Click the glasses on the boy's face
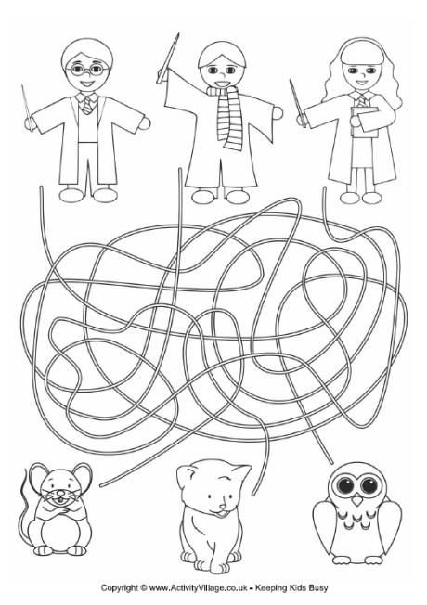(87, 70)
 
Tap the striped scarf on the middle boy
(227, 116)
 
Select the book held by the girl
(365, 122)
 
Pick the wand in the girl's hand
(298, 103)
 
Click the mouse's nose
(60, 493)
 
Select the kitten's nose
(223, 507)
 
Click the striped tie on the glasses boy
(87, 106)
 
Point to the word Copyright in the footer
(120, 588)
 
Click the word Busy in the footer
(319, 588)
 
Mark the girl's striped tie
(361, 102)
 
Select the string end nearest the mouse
(101, 485)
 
